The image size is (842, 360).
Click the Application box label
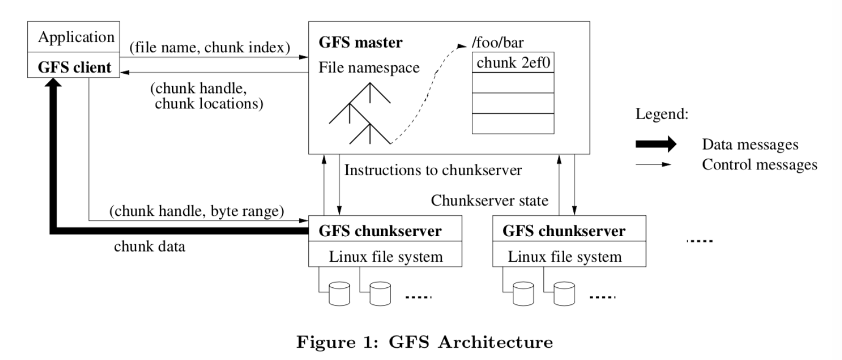tap(76, 37)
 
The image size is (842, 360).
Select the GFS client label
tap(74, 67)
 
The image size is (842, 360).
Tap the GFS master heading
tap(361, 43)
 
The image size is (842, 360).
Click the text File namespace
tap(369, 68)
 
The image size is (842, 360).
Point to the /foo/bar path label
tap(497, 43)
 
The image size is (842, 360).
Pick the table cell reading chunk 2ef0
tap(513, 63)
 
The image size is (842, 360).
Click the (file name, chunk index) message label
tap(209, 48)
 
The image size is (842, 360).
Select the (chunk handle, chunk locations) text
tap(207, 96)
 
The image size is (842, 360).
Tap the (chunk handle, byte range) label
tap(197, 211)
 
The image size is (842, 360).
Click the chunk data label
tap(150, 246)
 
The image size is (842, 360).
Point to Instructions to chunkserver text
tap(433, 170)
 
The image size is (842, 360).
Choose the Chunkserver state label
tap(489, 201)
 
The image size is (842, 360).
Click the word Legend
tap(661, 114)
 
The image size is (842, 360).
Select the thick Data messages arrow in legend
tap(656, 144)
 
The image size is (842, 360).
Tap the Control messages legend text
tap(759, 165)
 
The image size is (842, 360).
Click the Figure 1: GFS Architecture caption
tap(425, 342)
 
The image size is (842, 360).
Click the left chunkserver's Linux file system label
tap(386, 257)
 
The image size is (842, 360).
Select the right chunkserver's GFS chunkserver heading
tap(564, 231)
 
